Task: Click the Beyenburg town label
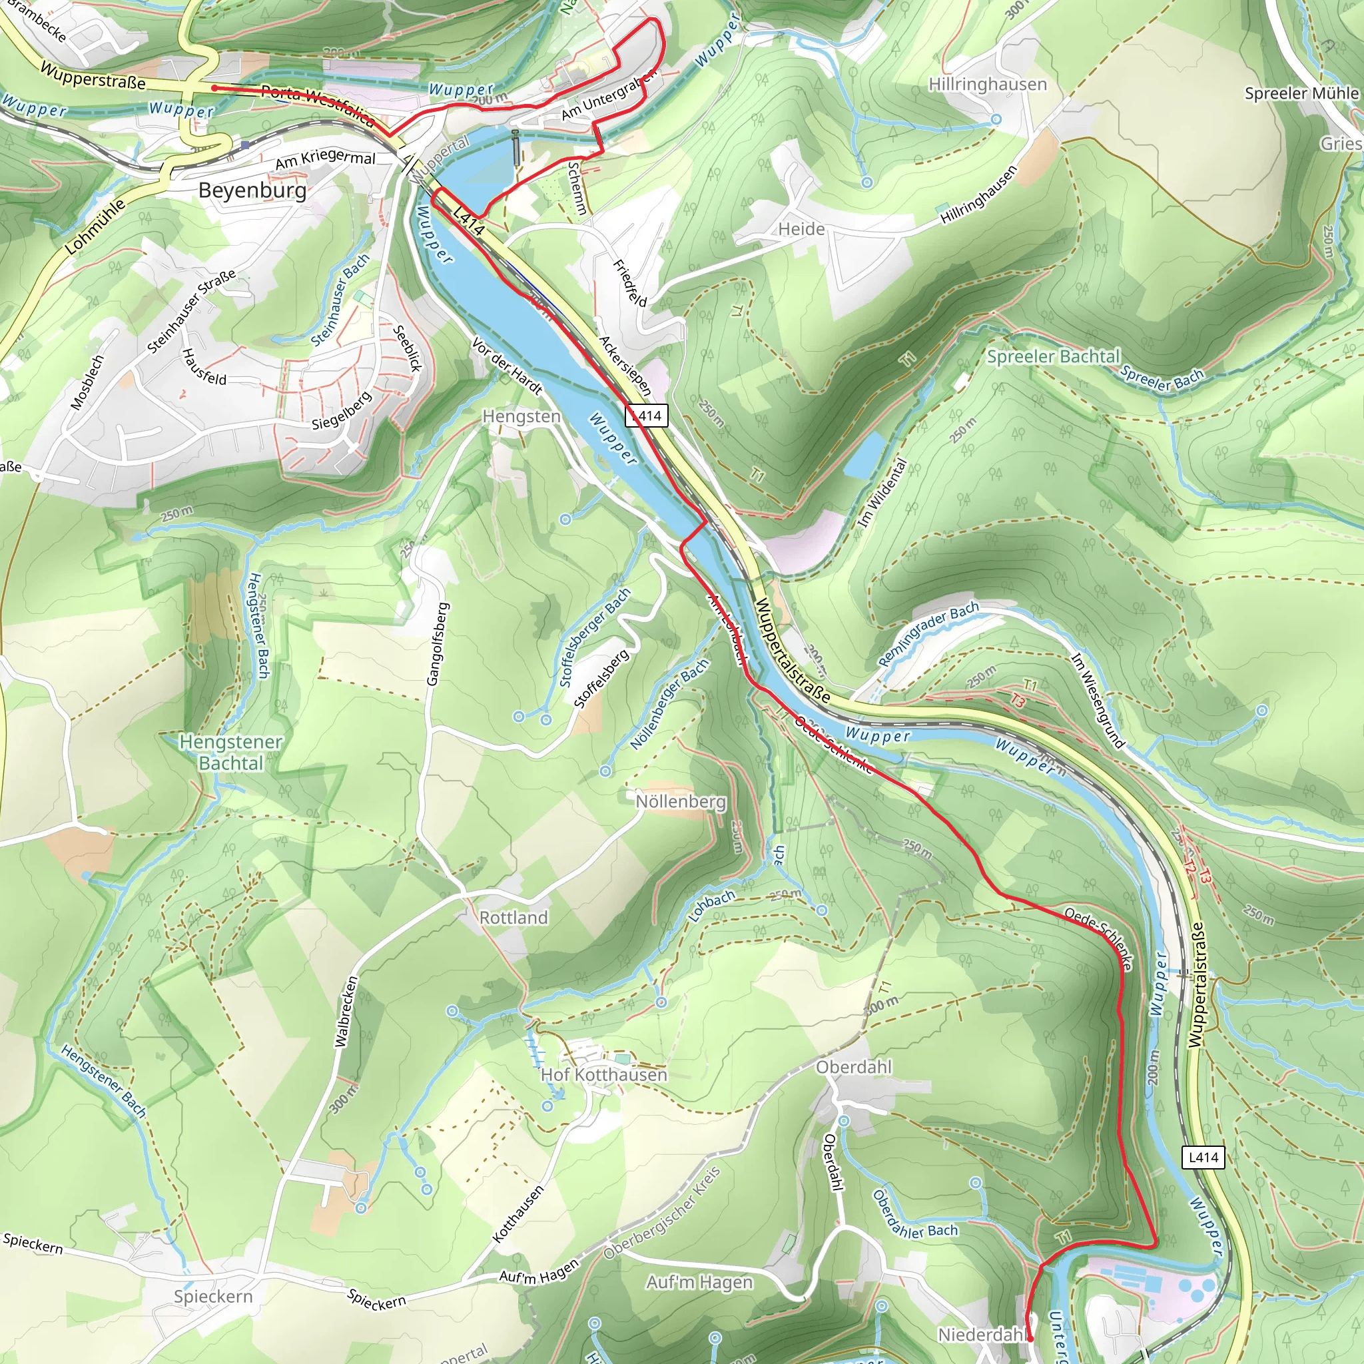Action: [x=252, y=190]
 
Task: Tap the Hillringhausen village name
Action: [x=987, y=85]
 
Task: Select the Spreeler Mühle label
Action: [x=1301, y=93]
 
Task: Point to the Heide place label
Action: [x=801, y=228]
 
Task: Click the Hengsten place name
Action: [x=521, y=416]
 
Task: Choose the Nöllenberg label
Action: [x=681, y=801]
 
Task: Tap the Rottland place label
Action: [x=513, y=917]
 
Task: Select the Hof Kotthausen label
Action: [x=603, y=1074]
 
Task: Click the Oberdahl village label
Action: [x=854, y=1067]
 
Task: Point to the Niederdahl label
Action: [x=981, y=1334]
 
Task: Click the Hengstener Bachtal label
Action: [x=231, y=752]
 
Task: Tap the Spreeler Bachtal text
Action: [x=1053, y=356]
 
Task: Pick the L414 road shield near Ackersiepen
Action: [x=646, y=415]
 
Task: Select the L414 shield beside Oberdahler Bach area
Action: [x=1203, y=1156]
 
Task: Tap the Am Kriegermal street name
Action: [x=325, y=160]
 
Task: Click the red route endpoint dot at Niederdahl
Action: [x=1030, y=1338]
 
